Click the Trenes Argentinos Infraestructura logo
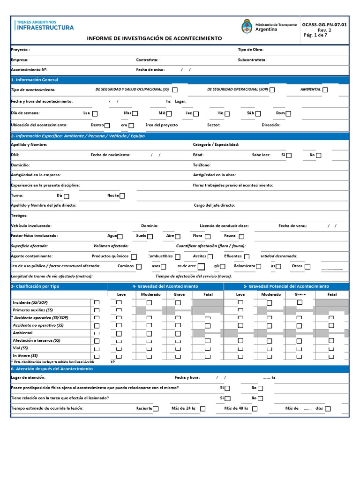pos(45,25)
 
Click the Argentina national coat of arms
pos(247,27)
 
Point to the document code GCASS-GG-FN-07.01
pos(324,24)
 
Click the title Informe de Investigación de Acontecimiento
pos(155,38)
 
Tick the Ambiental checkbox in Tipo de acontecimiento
pos(325,90)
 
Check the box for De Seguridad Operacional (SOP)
pos(272,90)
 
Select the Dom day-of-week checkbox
pos(289,113)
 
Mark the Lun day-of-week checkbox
pos(95,113)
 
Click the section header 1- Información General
pos(35,80)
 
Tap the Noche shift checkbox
pos(122,196)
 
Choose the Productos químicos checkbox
pos(134,257)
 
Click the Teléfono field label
pos(202,165)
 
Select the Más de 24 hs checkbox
pos(202,409)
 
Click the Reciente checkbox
pos(156,409)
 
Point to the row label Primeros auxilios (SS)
pos(33,310)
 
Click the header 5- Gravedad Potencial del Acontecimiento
pos(286,286)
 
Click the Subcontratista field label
pos(252,60)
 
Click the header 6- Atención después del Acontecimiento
pos(52,369)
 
